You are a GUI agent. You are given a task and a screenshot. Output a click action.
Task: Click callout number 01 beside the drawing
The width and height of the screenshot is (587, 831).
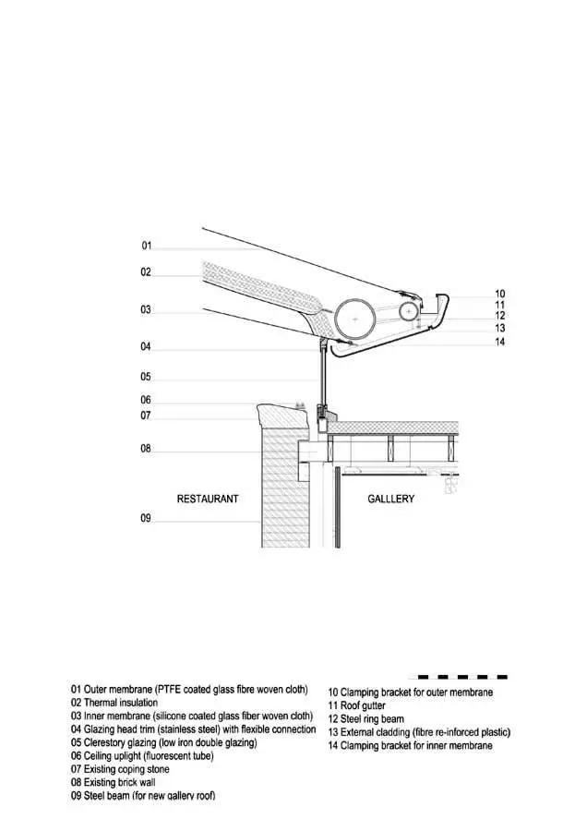146,246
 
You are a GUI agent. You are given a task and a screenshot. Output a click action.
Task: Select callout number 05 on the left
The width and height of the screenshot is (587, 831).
146,377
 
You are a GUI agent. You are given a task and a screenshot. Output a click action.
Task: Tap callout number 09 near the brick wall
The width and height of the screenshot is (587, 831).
146,518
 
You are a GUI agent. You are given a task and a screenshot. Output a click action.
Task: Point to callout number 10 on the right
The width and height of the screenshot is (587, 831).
499,294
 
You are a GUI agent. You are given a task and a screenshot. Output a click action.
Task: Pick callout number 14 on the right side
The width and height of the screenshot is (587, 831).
499,342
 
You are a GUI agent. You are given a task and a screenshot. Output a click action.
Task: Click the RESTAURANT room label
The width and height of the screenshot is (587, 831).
208,499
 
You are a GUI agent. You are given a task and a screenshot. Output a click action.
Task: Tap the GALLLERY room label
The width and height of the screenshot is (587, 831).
391,499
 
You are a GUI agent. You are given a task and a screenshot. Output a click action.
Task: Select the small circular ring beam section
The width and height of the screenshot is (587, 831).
409,311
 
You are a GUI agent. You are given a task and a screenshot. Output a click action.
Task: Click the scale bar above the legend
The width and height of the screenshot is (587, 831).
458,677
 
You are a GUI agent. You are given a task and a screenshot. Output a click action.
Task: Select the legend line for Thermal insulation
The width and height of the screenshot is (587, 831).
114,703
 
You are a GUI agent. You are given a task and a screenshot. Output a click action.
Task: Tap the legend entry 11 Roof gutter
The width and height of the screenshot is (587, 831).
356,706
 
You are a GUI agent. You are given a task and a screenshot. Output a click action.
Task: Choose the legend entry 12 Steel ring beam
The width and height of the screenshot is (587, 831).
366,719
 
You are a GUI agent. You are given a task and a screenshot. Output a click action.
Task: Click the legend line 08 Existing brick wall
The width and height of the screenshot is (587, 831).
113,782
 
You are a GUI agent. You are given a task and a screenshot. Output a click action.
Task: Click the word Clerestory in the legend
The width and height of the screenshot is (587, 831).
104,742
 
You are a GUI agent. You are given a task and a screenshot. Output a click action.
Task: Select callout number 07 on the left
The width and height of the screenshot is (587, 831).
146,416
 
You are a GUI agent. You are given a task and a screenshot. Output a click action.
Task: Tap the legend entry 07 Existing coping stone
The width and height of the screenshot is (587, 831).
120,769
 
